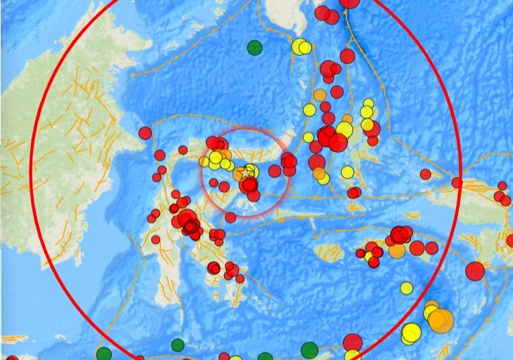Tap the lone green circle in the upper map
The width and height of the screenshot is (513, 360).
click(x=255, y=48)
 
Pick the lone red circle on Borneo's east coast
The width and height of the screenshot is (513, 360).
click(x=145, y=132)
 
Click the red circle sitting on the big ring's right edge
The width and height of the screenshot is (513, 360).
click(x=457, y=183)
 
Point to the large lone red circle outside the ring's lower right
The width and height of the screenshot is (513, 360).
click(x=475, y=271)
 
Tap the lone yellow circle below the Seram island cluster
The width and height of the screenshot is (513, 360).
click(x=406, y=288)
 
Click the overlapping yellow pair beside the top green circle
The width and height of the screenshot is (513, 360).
click(x=301, y=47)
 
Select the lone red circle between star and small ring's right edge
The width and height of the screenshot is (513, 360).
click(x=274, y=171)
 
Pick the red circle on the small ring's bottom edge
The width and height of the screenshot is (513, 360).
click(x=230, y=217)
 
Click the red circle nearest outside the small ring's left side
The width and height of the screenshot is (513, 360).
click(x=183, y=149)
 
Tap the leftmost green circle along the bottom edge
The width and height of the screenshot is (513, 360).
click(x=104, y=354)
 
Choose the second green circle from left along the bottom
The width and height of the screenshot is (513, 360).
click(x=178, y=345)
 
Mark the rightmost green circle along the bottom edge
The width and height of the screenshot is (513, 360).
click(x=309, y=349)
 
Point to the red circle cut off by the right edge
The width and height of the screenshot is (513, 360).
click(x=509, y=241)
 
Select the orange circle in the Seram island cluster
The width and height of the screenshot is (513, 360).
click(x=397, y=250)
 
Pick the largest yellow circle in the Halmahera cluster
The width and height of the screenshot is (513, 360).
click(x=344, y=129)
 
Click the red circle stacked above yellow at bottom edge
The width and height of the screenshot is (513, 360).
click(x=353, y=343)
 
